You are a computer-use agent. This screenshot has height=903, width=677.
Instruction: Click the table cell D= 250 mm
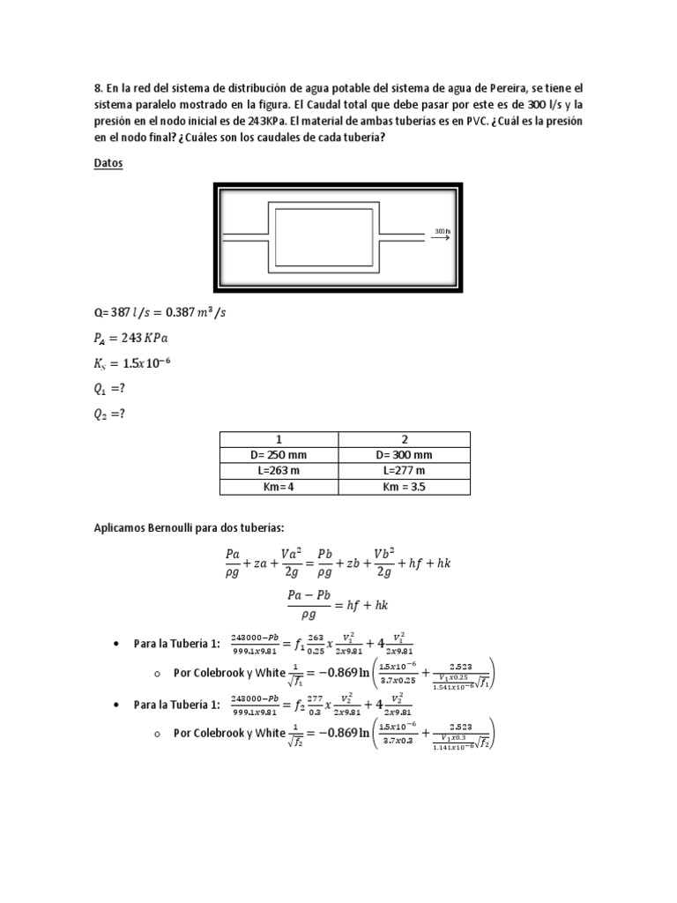point(280,454)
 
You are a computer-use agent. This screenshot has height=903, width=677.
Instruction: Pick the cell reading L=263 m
point(280,470)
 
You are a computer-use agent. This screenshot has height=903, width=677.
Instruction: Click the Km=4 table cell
point(280,486)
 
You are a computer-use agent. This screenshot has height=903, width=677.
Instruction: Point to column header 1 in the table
point(280,438)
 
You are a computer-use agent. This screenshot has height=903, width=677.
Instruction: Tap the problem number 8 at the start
point(97,89)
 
